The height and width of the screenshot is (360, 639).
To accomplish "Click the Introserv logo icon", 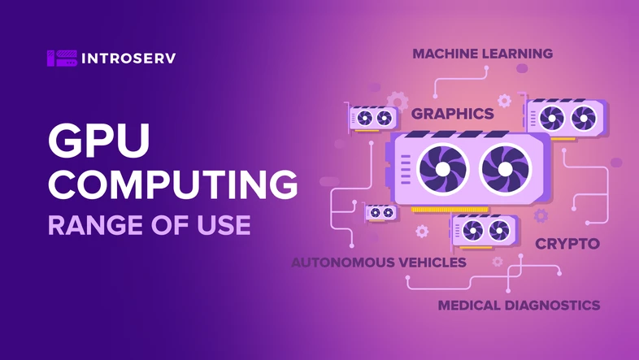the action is pos(62,59).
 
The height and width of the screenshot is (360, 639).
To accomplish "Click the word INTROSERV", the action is pos(128,59).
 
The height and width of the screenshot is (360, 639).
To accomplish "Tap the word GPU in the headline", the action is pos(99,141).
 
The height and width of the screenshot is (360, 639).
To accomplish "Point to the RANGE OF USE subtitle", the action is pos(149,225).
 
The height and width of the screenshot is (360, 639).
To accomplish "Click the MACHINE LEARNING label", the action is pos(483,54).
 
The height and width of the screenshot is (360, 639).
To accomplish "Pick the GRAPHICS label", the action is pos(452,114).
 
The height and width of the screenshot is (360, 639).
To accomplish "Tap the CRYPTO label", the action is pos(567,244).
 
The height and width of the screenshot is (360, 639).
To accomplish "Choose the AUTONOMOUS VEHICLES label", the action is pos(379,262).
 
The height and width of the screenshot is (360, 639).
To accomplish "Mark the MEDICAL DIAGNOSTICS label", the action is pos(519,305).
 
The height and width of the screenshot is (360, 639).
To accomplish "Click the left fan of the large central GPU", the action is pos(442,169).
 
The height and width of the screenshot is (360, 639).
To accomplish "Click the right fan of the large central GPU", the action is pos(506,169).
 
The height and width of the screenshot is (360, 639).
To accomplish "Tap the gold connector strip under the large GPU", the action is pos(450,210).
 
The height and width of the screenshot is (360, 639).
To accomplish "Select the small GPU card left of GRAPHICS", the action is pos(372,118).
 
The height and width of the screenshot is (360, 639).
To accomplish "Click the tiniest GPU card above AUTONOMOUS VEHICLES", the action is pos(380,213).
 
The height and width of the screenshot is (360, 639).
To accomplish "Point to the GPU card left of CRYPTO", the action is pos(485,231).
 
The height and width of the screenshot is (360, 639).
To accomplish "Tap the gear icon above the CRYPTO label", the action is pos(541,215).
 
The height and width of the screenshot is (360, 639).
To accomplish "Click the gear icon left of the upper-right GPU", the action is pos(504,101).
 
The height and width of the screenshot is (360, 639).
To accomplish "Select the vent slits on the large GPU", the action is pos(406,169).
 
